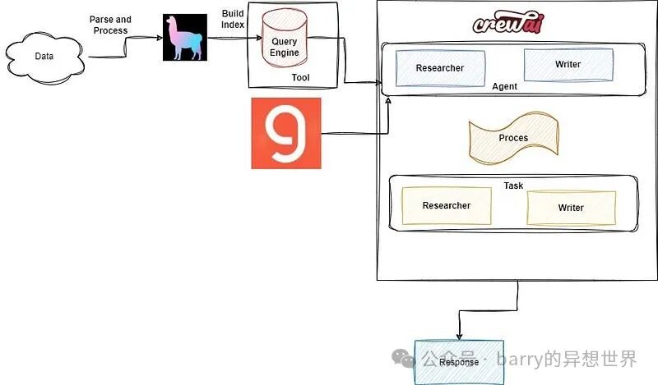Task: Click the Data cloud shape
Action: (x=44, y=57)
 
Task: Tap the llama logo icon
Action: (x=185, y=37)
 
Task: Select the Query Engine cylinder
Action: (x=285, y=39)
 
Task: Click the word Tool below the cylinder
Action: (x=300, y=77)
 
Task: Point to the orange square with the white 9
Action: (x=286, y=133)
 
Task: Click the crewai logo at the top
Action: (x=508, y=23)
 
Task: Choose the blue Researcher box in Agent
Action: (x=440, y=68)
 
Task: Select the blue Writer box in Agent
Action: (x=568, y=65)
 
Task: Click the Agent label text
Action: (x=504, y=86)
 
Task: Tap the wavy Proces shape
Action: (x=513, y=138)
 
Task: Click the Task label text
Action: (x=513, y=186)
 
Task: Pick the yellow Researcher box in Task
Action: (x=447, y=206)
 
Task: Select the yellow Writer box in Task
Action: (x=571, y=208)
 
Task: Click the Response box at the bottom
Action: (x=459, y=362)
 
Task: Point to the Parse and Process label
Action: (x=110, y=25)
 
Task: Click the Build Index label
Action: (x=233, y=19)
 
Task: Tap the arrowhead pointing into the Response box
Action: (x=459, y=337)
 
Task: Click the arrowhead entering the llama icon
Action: (x=160, y=38)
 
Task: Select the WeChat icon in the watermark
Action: (x=403, y=359)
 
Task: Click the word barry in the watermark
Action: (x=519, y=359)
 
